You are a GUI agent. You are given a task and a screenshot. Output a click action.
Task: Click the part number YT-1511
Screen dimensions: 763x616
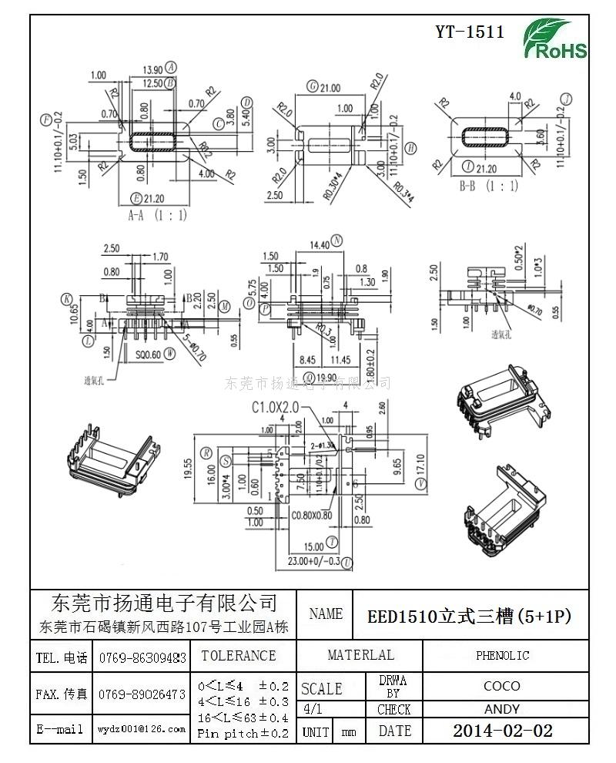pyautogui.click(x=470, y=32)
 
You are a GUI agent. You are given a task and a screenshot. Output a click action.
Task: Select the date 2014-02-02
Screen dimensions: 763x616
pyautogui.click(x=503, y=731)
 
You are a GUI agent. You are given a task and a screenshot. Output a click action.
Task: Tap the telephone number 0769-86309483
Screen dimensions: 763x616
pyautogui.click(x=142, y=657)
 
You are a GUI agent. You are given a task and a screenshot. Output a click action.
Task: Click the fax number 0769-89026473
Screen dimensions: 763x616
pyautogui.click(x=142, y=694)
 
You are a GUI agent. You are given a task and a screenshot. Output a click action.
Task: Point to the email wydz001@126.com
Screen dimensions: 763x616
pyautogui.click(x=142, y=729)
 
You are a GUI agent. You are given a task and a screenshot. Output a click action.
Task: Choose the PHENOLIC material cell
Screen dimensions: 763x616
pyautogui.click(x=502, y=656)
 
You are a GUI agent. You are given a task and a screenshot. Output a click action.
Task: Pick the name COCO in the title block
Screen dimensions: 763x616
pyautogui.click(x=502, y=685)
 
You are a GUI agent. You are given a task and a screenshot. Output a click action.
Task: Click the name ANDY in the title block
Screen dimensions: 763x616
pyautogui.click(x=502, y=709)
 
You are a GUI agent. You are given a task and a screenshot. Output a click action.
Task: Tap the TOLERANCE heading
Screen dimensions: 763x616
pyautogui.click(x=238, y=656)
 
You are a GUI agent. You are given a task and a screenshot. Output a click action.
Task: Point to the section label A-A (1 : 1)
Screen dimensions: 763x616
pyautogui.click(x=157, y=216)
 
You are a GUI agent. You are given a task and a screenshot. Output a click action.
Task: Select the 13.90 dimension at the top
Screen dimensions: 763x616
pyautogui.click(x=153, y=68)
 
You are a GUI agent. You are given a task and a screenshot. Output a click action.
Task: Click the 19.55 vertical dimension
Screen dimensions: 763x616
pyautogui.click(x=208, y=469)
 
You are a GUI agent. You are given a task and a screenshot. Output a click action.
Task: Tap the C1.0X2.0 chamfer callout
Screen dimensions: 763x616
pyautogui.click(x=274, y=406)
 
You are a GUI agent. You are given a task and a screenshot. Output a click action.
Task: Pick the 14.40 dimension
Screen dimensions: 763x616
pyautogui.click(x=319, y=244)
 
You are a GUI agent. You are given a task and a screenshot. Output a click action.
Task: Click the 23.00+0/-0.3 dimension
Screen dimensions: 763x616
pyautogui.click(x=313, y=561)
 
